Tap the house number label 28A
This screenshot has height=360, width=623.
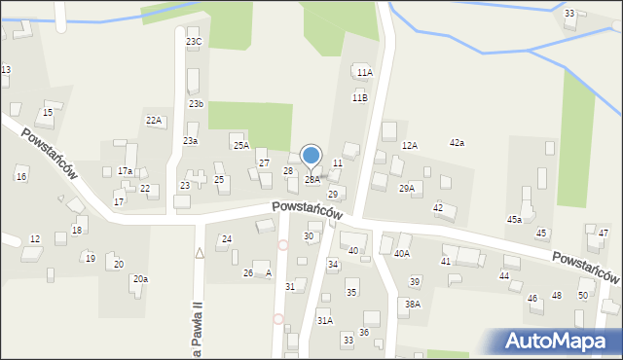[311, 180]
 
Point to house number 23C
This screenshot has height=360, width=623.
[194, 42]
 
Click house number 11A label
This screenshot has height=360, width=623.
[364, 73]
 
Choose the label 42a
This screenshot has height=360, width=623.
[457, 143]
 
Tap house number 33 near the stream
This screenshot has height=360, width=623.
[568, 14]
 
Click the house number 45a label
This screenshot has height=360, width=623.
[514, 220]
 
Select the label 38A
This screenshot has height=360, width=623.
[413, 305]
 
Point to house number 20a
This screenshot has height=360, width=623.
[141, 279]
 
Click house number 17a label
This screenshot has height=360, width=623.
[125, 171]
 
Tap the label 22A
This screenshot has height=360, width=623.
[154, 120]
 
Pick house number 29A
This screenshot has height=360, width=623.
[407, 189]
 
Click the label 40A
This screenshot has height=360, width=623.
[401, 254]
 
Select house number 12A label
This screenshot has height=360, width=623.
[410, 146]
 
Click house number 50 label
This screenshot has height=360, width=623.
[583, 295]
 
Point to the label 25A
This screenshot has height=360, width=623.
[240, 146]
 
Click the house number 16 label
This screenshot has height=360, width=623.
[20, 176]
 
